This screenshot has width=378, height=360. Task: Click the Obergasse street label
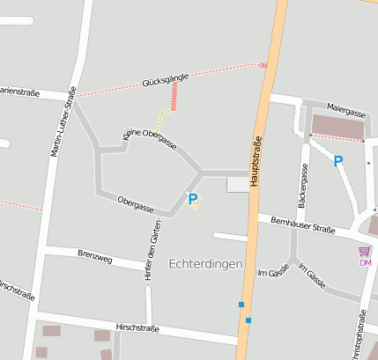click(136, 205)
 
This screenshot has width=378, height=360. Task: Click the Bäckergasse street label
click(303, 188)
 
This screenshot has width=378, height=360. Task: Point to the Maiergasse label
click(345, 113)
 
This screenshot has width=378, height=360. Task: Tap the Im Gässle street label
click(273, 272)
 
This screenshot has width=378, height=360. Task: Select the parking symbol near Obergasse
click(193, 200)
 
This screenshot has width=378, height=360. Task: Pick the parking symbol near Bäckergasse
click(337, 161)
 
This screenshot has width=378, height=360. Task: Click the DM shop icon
click(365, 252)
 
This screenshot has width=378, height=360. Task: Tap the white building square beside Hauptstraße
click(238, 184)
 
